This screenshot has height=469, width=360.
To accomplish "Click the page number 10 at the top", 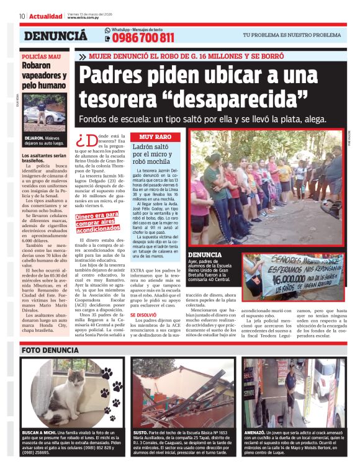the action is [x=21, y=16].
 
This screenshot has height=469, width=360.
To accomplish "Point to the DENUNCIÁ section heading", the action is [x=55, y=36].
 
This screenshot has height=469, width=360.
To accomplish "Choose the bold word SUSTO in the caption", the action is [x=140, y=432].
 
